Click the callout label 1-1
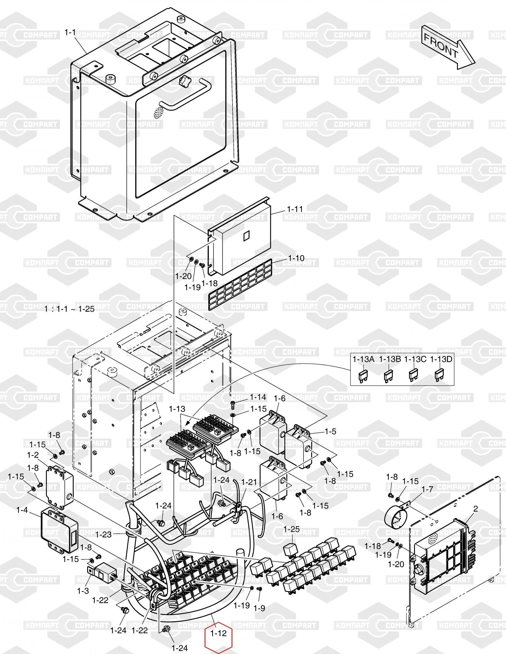70,32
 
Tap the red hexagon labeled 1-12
218,633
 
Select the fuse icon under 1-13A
363,376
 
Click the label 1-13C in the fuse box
415,359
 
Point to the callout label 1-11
295,209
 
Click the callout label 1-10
296,258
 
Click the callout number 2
476,509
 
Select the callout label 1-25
291,529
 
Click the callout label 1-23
103,534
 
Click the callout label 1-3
83,591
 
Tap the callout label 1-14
258,397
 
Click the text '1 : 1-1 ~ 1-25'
69,309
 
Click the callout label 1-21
249,482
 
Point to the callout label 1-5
330,431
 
